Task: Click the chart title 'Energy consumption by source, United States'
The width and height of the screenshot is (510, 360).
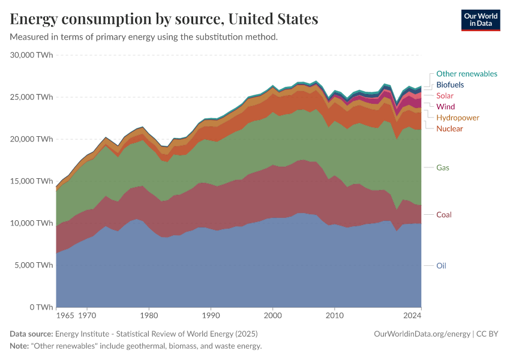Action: click(x=164, y=19)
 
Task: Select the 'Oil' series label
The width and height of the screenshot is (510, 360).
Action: click(x=442, y=266)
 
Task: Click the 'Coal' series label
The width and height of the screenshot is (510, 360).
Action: click(x=444, y=215)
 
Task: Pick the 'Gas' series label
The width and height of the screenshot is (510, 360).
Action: click(x=443, y=167)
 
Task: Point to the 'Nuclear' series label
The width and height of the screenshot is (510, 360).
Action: click(x=449, y=129)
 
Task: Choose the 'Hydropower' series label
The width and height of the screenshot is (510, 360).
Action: click(x=458, y=118)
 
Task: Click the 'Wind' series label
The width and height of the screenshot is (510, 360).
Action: click(x=446, y=107)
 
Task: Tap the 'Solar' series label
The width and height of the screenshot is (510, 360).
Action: click(x=445, y=95)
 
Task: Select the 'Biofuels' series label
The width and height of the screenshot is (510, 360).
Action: click(x=450, y=85)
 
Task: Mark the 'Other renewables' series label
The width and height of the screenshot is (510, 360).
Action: click(x=467, y=74)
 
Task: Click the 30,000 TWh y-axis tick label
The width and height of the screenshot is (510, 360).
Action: click(x=32, y=55)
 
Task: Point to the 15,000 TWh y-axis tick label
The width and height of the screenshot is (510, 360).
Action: click(x=32, y=181)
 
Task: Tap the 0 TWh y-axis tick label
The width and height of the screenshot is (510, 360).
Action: click(x=41, y=307)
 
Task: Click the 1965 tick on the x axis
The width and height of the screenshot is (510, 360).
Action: click(x=65, y=315)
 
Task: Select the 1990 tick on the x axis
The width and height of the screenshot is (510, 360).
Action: click(x=211, y=315)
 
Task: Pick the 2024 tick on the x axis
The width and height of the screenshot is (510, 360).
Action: click(x=412, y=315)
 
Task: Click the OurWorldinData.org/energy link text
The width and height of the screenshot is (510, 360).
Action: click(x=422, y=334)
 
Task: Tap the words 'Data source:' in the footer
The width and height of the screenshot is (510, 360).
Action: click(x=31, y=334)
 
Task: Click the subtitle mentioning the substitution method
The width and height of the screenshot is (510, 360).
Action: click(x=144, y=37)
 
